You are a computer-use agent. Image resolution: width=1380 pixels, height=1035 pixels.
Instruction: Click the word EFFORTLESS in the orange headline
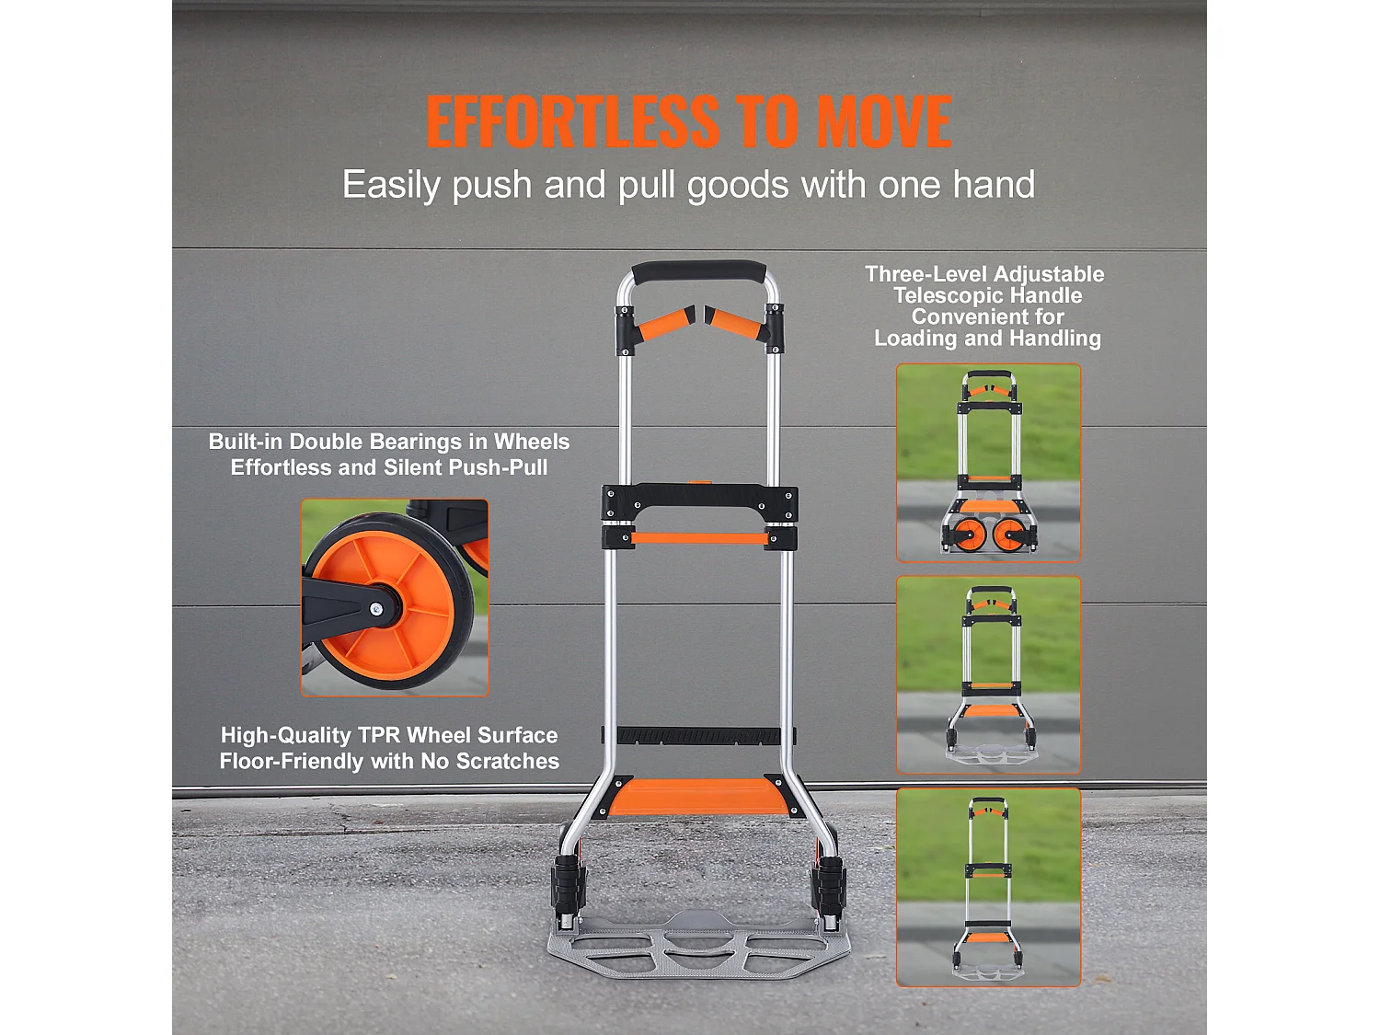pyautogui.click(x=573, y=121)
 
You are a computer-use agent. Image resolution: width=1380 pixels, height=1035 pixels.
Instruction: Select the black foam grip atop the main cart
pyautogui.click(x=698, y=272)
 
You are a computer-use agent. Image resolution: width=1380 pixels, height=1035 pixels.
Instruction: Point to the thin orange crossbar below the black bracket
pyautogui.click(x=699, y=538)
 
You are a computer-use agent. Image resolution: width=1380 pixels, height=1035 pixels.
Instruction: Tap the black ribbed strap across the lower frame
pyautogui.click(x=698, y=735)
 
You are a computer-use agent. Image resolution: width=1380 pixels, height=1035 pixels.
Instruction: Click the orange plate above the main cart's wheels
pyautogui.click(x=699, y=797)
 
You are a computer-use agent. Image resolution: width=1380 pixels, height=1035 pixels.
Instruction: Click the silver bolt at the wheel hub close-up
pyautogui.click(x=376, y=608)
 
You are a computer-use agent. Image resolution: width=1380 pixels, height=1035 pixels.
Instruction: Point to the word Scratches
pyautogui.click(x=507, y=761)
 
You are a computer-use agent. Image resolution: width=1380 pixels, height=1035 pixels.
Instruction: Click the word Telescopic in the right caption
pyautogui.click(x=988, y=295)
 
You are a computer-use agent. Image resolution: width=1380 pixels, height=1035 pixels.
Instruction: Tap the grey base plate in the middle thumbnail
pyautogui.click(x=991, y=754)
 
